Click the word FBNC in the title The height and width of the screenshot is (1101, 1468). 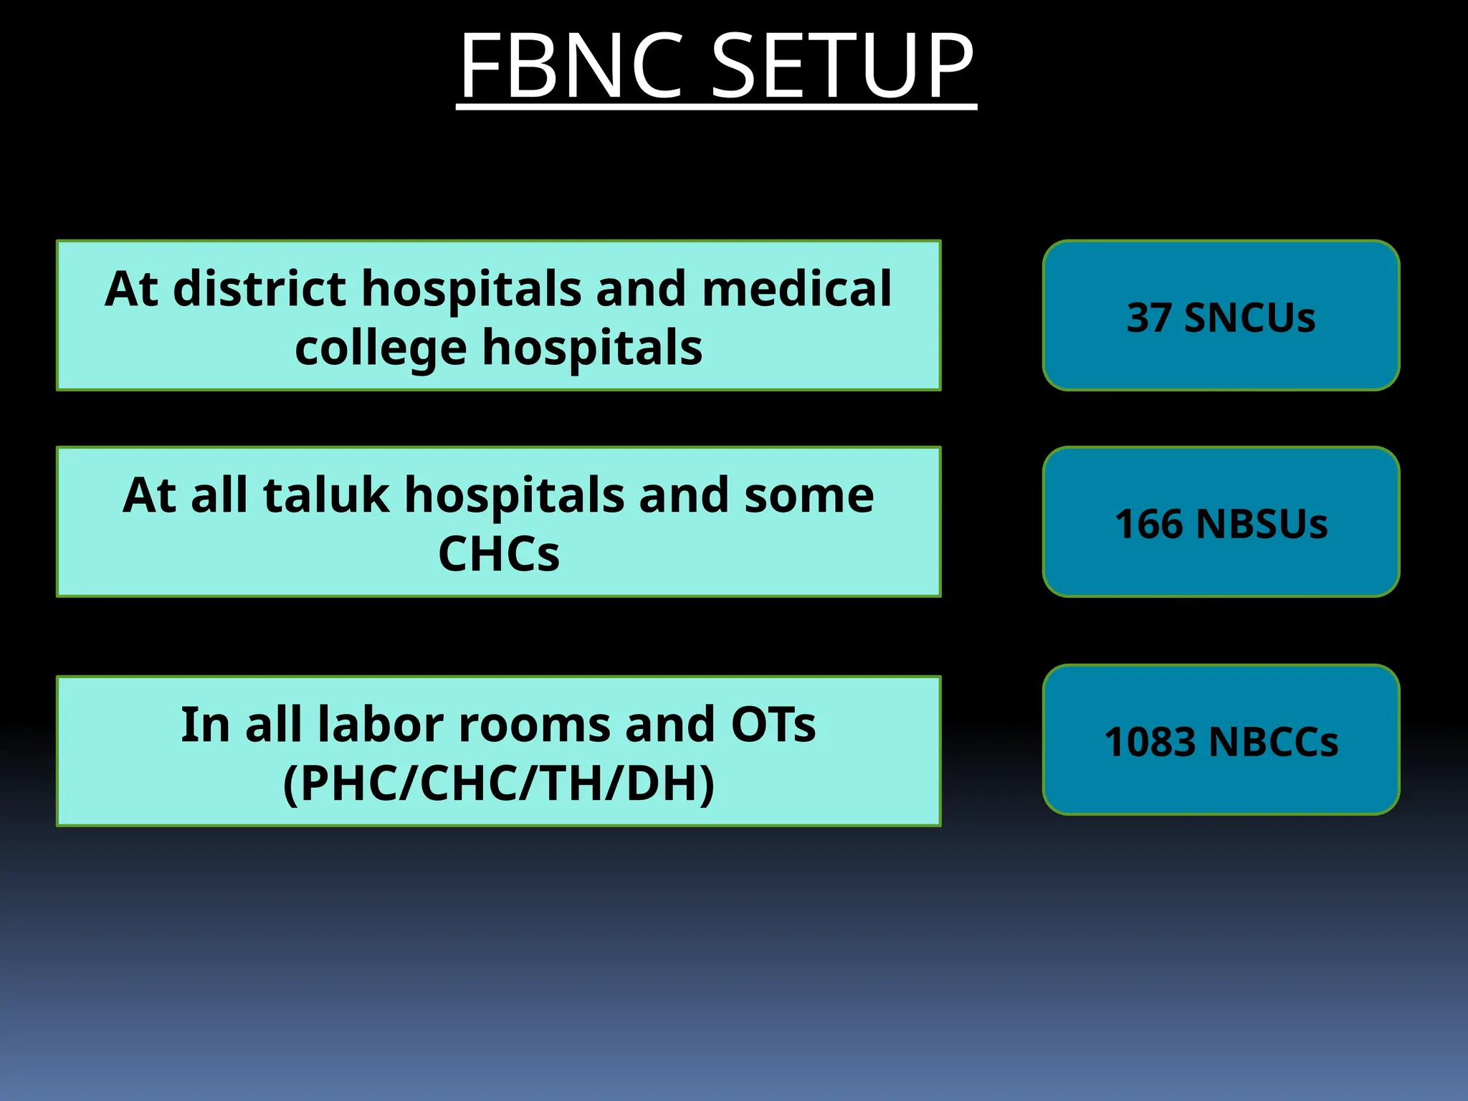(x=571, y=66)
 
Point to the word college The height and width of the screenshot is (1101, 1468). (x=380, y=348)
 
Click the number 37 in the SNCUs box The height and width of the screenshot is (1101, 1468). (x=1149, y=318)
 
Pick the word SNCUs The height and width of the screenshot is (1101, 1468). (x=1249, y=318)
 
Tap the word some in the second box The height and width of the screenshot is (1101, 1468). (x=809, y=496)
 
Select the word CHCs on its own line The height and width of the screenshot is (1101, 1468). (x=499, y=554)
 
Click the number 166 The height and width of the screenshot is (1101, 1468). (x=1149, y=523)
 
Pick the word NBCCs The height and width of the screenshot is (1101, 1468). (x=1273, y=741)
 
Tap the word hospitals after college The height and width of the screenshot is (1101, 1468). (x=592, y=348)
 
